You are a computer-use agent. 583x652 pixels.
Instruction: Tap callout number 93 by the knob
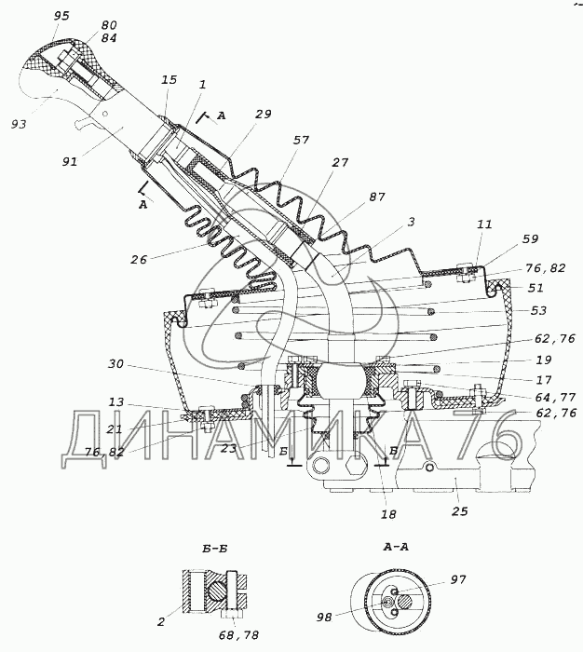(x=19, y=123)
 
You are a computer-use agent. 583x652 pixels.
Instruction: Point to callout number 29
(x=263, y=114)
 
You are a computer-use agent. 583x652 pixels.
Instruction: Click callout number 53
(x=539, y=310)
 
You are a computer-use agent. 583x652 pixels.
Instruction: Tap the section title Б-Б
(x=214, y=548)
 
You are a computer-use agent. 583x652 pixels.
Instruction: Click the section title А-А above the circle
(x=397, y=547)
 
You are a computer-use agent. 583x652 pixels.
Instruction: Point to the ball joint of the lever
(x=337, y=381)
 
